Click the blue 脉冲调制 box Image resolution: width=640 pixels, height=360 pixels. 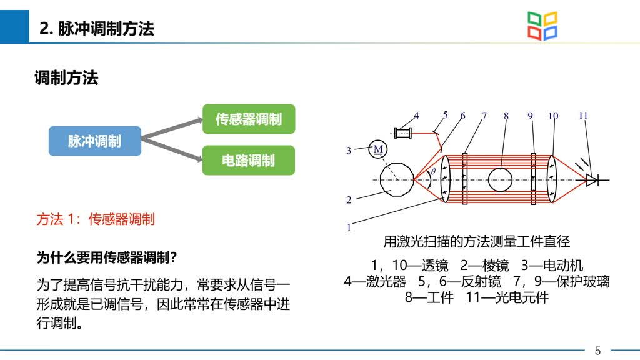pyautogui.click(x=95, y=141)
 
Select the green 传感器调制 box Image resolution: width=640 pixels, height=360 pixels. pyautogui.click(x=249, y=119)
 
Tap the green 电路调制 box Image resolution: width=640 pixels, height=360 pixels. pyautogui.click(x=249, y=160)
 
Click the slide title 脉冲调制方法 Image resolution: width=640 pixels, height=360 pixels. pyautogui.click(x=97, y=29)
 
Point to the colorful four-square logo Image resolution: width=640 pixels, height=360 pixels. pyautogui.click(x=542, y=26)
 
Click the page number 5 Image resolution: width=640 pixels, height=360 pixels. pyautogui.click(x=597, y=350)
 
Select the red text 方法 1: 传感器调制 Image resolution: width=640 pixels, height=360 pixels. pyautogui.click(x=96, y=219)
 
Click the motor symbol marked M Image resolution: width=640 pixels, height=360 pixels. pyautogui.click(x=378, y=149)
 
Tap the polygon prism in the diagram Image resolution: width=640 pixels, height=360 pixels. pyautogui.click(x=397, y=179)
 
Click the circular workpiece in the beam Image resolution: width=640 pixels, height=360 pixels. pyautogui.click(x=500, y=179)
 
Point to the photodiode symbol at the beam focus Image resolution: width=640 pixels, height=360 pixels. pyautogui.click(x=592, y=179)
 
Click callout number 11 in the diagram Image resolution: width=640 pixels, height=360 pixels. pyautogui.click(x=583, y=116)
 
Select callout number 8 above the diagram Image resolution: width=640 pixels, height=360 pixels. pyautogui.click(x=506, y=116)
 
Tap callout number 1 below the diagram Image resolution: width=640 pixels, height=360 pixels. pyautogui.click(x=349, y=227)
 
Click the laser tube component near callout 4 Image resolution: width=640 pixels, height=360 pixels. pyautogui.click(x=403, y=132)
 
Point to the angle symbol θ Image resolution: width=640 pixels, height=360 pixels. pyautogui.click(x=433, y=171)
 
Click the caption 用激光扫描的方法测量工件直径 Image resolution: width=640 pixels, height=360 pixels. pyautogui.click(x=476, y=242)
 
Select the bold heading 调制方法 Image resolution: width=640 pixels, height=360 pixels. pyautogui.click(x=66, y=77)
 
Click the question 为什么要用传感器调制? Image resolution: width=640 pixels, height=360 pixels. pyautogui.click(x=106, y=257)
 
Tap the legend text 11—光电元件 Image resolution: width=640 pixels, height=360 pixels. pyautogui.click(x=507, y=297)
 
